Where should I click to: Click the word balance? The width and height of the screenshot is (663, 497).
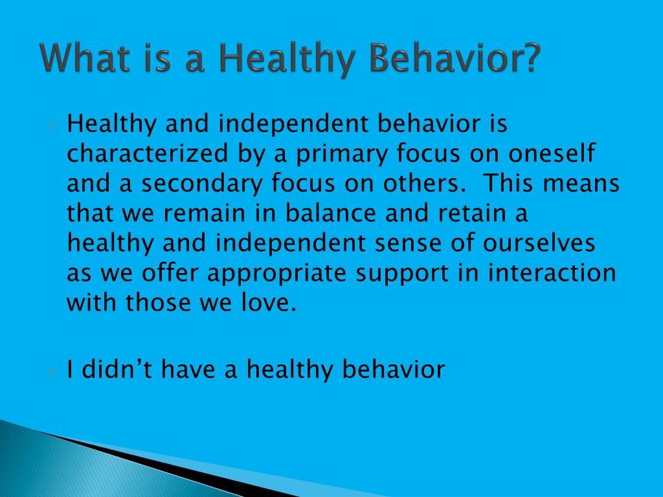click(331, 212)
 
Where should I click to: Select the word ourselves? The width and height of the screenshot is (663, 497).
click(539, 243)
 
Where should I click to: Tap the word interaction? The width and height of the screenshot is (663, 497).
click(552, 272)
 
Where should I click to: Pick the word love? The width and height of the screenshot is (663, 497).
click(269, 302)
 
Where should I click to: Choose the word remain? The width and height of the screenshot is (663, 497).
click(204, 213)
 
